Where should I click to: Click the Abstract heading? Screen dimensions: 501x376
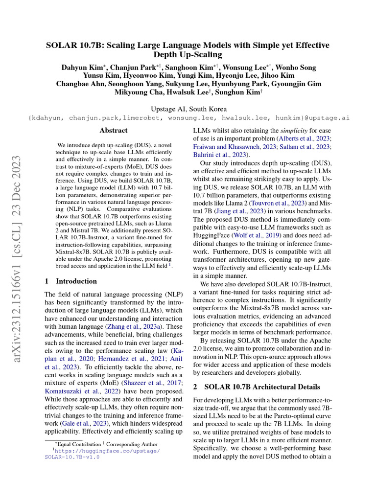(x=114, y=131)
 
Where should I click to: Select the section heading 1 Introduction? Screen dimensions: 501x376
(x=70, y=281)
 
